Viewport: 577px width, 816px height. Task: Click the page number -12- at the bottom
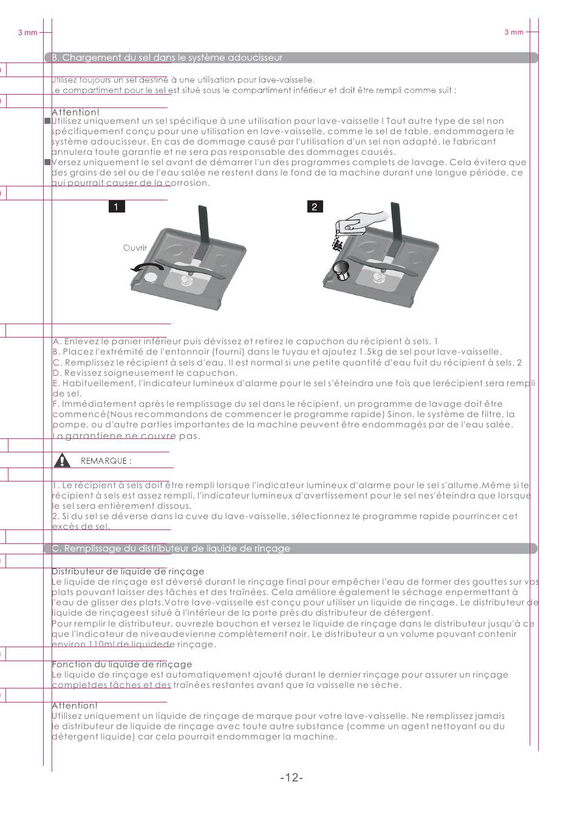292,778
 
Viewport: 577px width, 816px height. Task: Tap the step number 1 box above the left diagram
117,207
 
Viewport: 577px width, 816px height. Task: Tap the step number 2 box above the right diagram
314,207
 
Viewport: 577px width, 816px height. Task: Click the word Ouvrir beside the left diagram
135,248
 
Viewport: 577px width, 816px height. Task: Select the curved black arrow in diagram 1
149,270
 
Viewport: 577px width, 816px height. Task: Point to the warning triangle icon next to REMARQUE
61,460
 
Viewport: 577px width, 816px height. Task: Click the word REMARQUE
106,461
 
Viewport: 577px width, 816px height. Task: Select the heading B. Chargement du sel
167,58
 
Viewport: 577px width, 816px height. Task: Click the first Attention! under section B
75,112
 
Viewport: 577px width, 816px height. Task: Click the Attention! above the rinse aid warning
74,705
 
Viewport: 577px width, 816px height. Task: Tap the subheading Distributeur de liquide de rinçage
128,571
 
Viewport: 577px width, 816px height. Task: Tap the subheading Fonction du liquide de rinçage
121,664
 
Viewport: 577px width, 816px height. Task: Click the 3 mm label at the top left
28,32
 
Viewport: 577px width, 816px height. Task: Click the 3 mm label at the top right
514,32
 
